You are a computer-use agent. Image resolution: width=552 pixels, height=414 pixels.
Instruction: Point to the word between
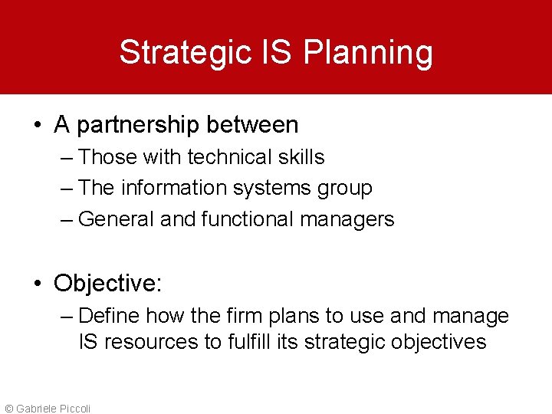[258, 123]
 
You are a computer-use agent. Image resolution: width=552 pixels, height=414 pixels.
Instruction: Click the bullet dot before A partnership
[37, 125]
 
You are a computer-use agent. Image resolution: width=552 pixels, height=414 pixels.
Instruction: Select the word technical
[229, 157]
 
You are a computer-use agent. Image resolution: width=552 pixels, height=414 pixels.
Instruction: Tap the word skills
[301, 157]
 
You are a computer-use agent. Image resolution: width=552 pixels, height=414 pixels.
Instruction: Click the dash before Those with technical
[66, 158]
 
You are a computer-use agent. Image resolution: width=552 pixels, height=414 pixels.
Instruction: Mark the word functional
[247, 219]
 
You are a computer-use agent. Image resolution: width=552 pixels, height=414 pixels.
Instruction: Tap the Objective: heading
[107, 284]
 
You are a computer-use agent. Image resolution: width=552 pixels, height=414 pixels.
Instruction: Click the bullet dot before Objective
[37, 284]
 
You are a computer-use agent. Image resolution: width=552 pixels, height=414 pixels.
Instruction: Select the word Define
[109, 316]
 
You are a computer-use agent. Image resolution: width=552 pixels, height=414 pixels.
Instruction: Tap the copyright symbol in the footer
[9, 409]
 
